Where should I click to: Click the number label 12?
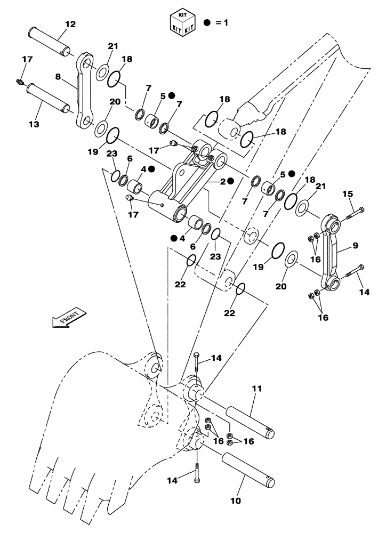tap(70, 24)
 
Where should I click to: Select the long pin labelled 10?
tap(248, 467)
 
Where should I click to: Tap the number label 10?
tap(236, 501)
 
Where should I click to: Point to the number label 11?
tap(257, 390)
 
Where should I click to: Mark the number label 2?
tap(221, 181)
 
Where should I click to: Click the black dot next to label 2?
tap(230, 181)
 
